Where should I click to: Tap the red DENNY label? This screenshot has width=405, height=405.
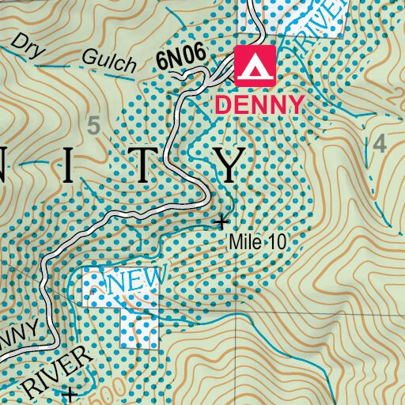[x=259, y=104]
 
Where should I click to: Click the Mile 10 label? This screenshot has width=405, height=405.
[x=257, y=242]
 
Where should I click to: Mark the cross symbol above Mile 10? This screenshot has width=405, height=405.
[x=222, y=221]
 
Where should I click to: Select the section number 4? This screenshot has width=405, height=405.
[x=380, y=143]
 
